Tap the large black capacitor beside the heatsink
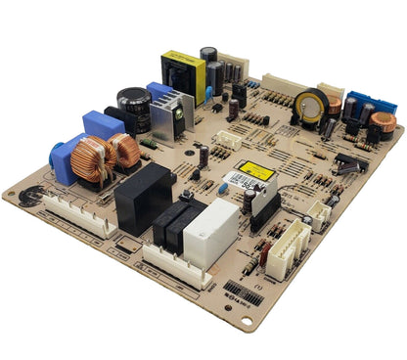point(134,106)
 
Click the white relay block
point(211,233)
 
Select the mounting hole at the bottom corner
point(246,322)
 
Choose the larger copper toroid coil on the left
point(93,159)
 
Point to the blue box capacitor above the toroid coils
point(103,125)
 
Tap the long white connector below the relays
point(176,264)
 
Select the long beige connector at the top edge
point(283,85)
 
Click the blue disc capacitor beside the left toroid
point(64,158)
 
